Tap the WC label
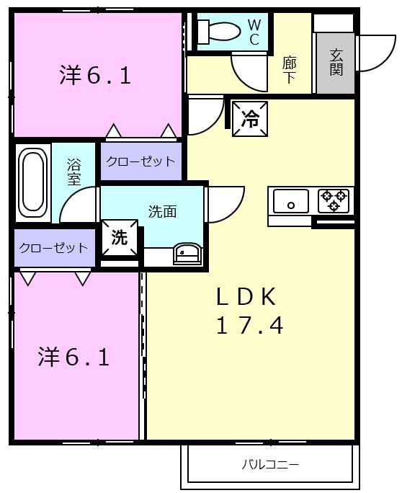point(254,32)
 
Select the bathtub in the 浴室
point(32,182)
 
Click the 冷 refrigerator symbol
point(250,118)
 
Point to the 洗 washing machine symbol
point(120,238)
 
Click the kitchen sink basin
point(291,201)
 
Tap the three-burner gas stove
point(334,200)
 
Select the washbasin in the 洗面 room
point(187,253)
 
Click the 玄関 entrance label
point(336,62)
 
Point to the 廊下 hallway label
point(289,70)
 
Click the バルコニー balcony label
point(270,464)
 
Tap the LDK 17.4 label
point(249,310)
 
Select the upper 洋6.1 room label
point(95,75)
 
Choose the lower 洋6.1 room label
point(73,357)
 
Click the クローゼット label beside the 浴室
point(140,161)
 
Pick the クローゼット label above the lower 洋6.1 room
point(53,248)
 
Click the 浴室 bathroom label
point(74,172)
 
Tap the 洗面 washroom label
point(163,212)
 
